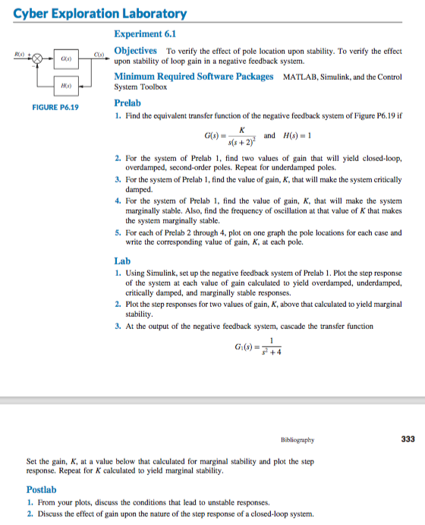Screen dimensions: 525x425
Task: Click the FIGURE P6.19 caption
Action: click(55, 108)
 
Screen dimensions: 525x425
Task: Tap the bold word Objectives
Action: click(135, 50)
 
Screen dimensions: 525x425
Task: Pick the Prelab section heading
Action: click(127, 103)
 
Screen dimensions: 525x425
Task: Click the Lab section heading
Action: click(121, 261)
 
